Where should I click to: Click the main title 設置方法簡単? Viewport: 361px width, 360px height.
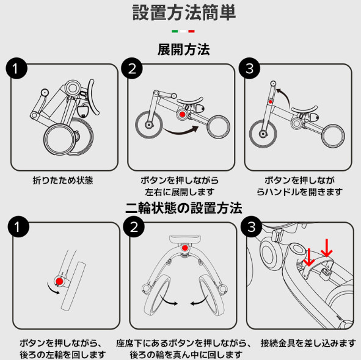click(184, 13)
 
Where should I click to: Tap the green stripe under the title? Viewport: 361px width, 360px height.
click(175, 31)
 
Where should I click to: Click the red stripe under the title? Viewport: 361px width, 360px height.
click(192, 31)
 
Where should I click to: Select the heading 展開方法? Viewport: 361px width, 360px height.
click(183, 49)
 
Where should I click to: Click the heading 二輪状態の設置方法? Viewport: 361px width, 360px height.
click(184, 208)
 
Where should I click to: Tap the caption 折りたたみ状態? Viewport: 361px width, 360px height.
click(63, 181)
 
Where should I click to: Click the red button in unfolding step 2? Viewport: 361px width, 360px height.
click(183, 114)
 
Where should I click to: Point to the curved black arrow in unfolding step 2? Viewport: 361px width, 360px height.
click(182, 132)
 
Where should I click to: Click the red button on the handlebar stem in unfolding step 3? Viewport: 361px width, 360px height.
click(270, 102)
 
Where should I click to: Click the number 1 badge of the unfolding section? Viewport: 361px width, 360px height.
click(16, 68)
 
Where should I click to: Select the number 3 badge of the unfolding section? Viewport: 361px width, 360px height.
click(250, 68)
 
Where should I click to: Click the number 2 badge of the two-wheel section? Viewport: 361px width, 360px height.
click(134, 226)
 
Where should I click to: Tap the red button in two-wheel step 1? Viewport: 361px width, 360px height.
click(59, 281)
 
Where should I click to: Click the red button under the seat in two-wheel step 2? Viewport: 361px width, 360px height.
click(185, 248)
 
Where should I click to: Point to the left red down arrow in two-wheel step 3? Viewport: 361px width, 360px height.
click(308, 257)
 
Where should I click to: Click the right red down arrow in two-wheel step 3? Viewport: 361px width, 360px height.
click(326, 248)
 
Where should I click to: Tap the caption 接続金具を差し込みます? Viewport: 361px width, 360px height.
click(308, 343)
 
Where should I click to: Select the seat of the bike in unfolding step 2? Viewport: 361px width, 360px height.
click(190, 101)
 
